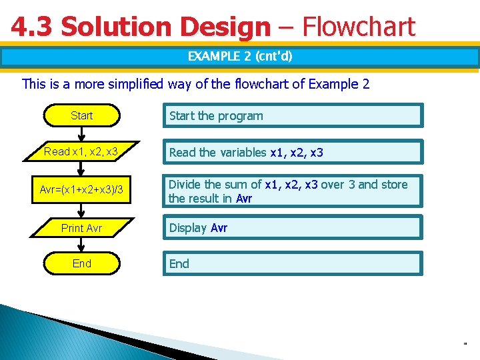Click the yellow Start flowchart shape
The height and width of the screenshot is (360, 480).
coord(81,115)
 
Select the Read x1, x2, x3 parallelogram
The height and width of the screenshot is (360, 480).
coord(81,152)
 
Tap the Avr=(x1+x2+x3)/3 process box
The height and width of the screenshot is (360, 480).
coord(81,190)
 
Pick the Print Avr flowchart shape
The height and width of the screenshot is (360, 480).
coord(81,228)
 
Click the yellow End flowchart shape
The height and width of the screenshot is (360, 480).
coord(81,263)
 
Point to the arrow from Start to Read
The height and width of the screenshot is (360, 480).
coord(82,133)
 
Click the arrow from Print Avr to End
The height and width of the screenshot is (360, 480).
coord(82,245)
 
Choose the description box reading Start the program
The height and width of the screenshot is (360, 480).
coord(293,115)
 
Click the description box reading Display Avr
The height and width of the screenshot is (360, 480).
coord(293,227)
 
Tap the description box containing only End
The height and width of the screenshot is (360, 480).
coord(293,263)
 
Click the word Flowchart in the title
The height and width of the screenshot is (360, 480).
coord(358,27)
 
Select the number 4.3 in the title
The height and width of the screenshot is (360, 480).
coord(33,27)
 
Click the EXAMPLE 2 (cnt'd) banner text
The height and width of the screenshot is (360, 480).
coord(240,56)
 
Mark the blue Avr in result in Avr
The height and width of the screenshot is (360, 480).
coord(244,199)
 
